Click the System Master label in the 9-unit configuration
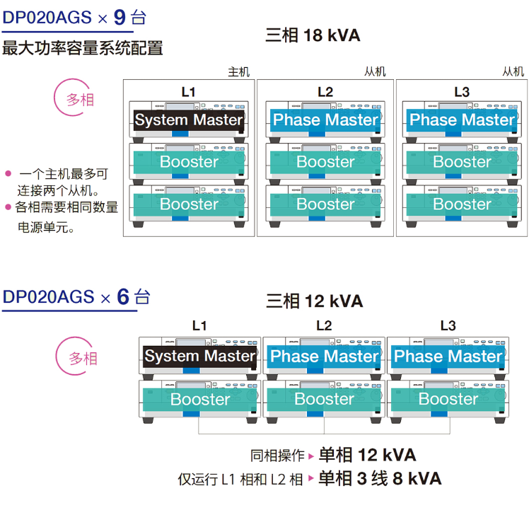point(189,120)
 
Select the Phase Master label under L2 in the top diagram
point(325,120)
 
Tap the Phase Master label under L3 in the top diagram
point(462,120)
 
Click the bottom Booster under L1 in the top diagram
point(189,204)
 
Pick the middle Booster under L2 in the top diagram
point(325,162)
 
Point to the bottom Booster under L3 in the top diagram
point(462,204)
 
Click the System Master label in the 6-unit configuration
point(199,356)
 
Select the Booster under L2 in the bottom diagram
point(324,399)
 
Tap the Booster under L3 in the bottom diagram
point(448,399)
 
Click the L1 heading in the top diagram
point(188,92)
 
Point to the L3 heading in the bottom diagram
point(448,325)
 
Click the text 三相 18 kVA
point(313,35)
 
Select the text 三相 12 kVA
point(315,301)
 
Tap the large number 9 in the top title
point(120,17)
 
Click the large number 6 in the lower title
point(123,296)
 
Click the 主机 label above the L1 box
point(239,72)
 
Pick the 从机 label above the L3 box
point(513,71)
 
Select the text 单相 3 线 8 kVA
point(380,479)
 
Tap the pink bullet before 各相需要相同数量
point(8,207)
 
